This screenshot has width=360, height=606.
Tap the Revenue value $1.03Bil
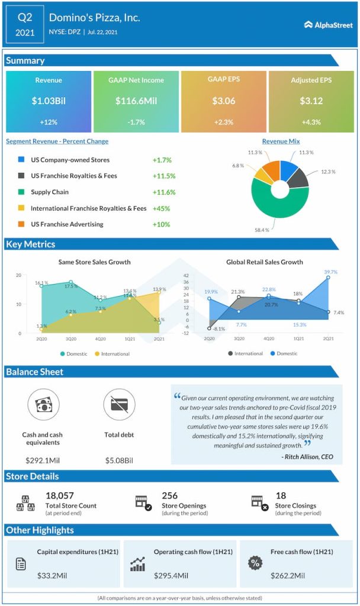49,101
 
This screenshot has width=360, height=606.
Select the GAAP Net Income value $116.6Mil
136,101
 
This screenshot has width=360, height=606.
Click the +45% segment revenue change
161,208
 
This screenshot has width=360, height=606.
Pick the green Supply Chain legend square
21,192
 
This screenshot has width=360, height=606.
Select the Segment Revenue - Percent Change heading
57,141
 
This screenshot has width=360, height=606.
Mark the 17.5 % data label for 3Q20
71,286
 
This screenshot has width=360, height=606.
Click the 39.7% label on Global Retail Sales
331,272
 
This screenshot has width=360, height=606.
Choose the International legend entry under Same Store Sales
112,354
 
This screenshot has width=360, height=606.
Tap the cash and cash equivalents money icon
43,405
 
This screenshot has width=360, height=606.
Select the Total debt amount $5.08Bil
119,460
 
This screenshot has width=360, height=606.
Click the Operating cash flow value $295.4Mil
171,575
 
